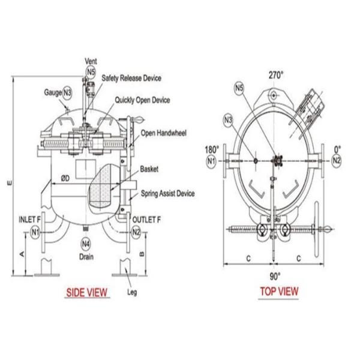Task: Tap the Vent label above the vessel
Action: tap(91, 62)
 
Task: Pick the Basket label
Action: tap(149, 169)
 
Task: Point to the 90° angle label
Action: tap(275, 275)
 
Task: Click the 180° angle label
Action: tap(211, 149)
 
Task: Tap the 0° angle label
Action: tap(337, 149)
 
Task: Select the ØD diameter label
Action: tap(65, 178)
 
